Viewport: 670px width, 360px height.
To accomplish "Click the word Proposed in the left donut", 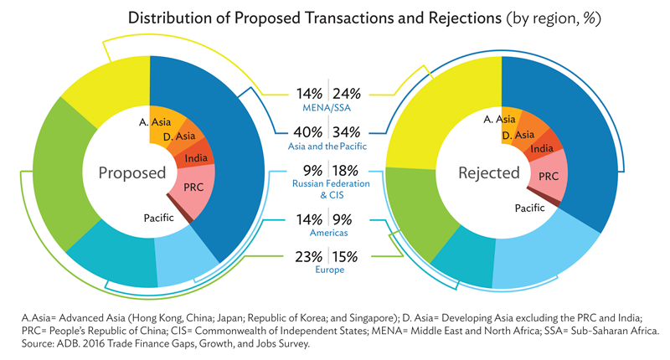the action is point(132,173).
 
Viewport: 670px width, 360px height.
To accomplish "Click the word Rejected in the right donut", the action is point(489,173).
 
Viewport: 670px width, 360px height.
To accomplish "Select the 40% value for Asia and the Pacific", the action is point(307,132).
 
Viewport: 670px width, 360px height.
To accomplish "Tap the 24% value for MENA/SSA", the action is point(347,94).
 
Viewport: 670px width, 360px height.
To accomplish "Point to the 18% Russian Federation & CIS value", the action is point(345,171).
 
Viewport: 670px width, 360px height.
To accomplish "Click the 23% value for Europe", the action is point(308,257).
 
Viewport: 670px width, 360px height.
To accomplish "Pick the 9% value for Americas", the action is point(343,219).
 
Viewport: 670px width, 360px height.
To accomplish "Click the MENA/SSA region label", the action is point(327,108).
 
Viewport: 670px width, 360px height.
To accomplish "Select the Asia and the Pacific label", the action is point(327,147).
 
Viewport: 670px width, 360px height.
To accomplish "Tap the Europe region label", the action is point(329,270).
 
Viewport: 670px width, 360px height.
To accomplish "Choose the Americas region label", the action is point(328,233).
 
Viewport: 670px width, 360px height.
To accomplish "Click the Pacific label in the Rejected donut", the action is point(529,208).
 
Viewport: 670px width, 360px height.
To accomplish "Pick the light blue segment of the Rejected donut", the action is point(543,252).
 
